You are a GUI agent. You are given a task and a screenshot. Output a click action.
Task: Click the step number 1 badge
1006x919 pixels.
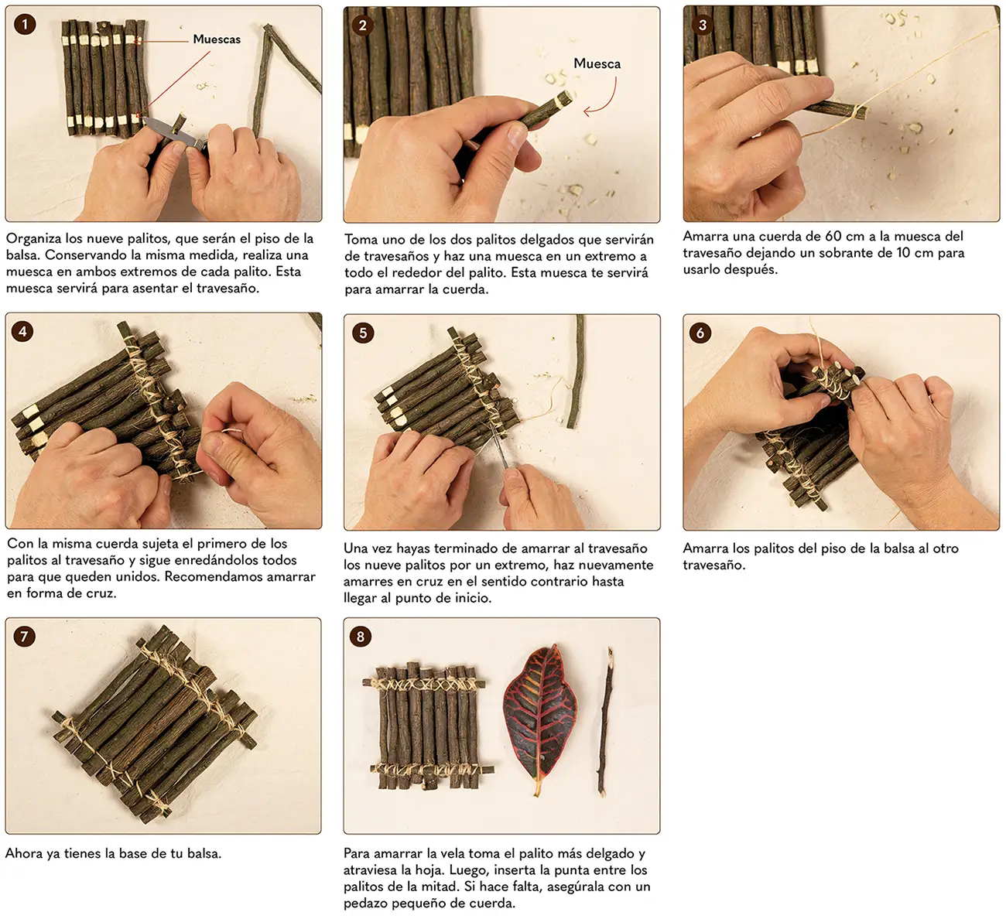point(25,24)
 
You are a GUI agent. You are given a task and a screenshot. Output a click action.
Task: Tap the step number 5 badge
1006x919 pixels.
point(363,333)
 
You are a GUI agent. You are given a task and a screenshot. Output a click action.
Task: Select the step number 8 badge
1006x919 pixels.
point(361,637)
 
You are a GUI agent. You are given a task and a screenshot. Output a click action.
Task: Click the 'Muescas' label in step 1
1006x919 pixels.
point(217,39)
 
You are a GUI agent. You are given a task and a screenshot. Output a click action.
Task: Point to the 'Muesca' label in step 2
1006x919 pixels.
point(597,63)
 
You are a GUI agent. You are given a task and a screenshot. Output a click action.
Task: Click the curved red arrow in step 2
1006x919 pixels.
point(609,103)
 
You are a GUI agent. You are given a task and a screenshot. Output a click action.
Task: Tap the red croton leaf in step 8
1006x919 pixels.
point(540,719)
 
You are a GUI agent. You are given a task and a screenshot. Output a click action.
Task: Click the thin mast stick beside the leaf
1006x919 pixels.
point(605,722)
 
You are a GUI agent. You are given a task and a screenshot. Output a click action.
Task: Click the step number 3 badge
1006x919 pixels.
point(703,25)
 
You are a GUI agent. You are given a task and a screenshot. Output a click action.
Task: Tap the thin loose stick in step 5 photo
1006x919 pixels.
point(577,371)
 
